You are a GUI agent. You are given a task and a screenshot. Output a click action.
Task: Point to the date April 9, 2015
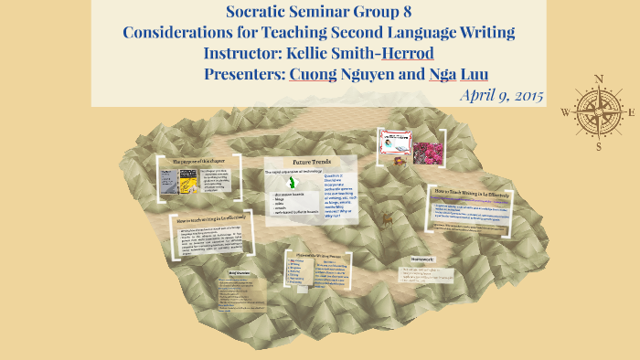click(502, 95)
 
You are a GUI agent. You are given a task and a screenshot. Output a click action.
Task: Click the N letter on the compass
click(598, 79)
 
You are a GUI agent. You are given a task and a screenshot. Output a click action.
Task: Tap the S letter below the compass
click(598, 145)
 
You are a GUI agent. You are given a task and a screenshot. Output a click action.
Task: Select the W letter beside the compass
click(565, 112)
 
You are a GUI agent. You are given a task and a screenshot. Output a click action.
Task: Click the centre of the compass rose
click(598, 111)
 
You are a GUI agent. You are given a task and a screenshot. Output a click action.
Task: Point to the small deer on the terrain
click(388, 219)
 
